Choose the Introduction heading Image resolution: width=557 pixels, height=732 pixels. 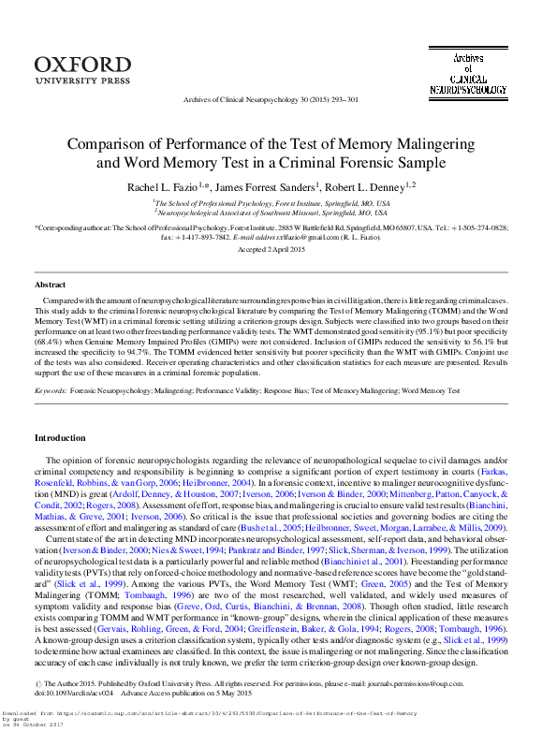60,438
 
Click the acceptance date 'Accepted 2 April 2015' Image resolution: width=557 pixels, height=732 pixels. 278,250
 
